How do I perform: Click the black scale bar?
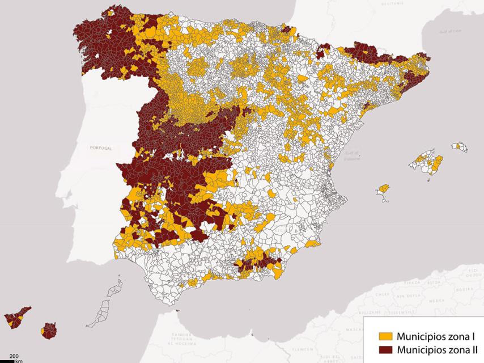7,360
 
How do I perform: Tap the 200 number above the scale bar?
14,355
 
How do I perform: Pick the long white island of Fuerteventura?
103,312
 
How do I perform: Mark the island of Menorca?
460,147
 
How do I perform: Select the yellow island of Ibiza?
385,189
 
